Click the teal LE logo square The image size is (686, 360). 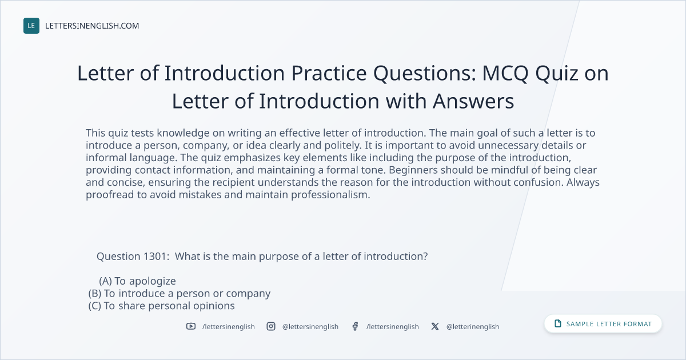point(31,26)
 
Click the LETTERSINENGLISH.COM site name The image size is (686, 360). point(92,26)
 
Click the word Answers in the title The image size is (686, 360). point(473,101)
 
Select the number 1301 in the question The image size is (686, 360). point(154,256)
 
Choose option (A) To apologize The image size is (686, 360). point(137,281)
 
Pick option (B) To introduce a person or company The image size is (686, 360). point(180,294)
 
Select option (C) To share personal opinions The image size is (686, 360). point(161,306)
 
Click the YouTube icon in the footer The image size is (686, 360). point(191,326)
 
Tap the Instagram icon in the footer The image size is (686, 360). point(271,326)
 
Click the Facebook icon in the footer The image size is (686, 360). point(355,326)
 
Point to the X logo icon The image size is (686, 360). point(435,326)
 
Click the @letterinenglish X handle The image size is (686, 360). point(473,327)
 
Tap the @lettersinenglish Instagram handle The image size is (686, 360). point(310,327)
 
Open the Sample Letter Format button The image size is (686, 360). point(603,324)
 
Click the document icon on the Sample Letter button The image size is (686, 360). point(558,323)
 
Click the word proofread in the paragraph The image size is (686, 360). point(110,195)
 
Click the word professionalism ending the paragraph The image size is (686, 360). point(330,195)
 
